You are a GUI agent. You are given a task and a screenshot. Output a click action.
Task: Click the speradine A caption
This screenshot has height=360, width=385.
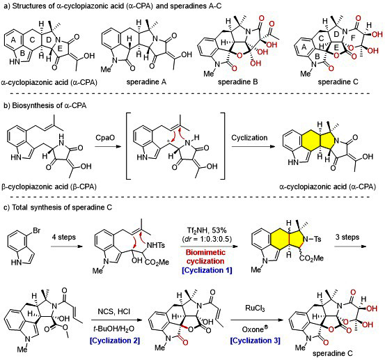point(146,81)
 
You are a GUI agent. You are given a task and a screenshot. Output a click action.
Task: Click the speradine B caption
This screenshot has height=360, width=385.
point(238,81)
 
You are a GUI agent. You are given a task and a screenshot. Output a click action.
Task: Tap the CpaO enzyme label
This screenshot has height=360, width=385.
point(105,138)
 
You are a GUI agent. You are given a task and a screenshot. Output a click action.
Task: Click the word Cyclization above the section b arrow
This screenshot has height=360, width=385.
point(249,138)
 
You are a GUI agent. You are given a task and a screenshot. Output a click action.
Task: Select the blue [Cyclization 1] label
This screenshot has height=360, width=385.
point(207,270)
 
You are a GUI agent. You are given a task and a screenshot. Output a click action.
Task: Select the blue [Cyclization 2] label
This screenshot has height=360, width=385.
point(115,341)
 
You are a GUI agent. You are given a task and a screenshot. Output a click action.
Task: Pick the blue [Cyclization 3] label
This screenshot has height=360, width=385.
point(255,341)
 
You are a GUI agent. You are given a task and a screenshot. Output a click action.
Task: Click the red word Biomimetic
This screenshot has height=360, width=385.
point(205,253)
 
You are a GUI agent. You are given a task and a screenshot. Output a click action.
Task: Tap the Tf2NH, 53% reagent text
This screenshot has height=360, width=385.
point(206,230)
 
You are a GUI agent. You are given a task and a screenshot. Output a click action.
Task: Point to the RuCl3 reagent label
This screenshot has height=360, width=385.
point(255,308)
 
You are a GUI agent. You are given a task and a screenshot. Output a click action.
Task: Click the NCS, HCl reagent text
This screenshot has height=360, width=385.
point(114,312)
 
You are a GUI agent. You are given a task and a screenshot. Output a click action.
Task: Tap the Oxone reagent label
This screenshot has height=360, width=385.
point(255,329)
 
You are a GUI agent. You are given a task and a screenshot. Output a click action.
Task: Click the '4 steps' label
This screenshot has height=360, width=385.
point(64,237)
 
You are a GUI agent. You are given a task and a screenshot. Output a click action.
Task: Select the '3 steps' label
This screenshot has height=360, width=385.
point(347,237)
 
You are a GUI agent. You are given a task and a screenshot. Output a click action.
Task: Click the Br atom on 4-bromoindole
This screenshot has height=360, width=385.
point(37,231)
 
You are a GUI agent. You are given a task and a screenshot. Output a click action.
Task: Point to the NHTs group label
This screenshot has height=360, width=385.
point(156,245)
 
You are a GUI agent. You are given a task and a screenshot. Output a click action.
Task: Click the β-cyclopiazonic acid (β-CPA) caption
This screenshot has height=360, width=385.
point(49,187)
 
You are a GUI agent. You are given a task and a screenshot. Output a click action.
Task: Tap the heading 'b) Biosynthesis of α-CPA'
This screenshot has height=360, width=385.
point(45,106)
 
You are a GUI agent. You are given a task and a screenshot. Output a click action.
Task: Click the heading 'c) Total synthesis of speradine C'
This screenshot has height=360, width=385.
point(58,208)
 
